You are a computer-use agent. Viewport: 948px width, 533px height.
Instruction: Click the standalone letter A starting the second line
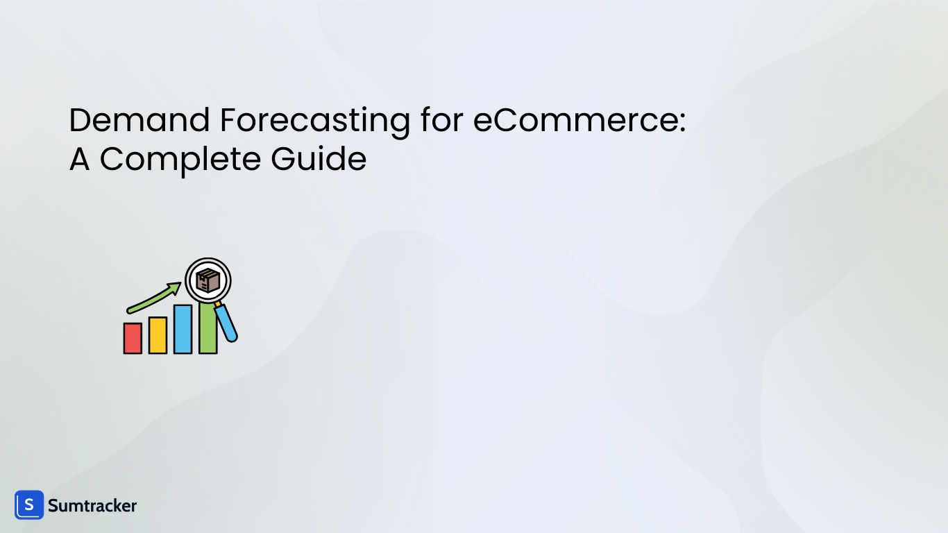tap(79, 160)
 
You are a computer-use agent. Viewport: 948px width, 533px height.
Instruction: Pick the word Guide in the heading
tap(319, 160)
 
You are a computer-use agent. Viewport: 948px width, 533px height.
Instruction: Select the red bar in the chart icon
tap(133, 338)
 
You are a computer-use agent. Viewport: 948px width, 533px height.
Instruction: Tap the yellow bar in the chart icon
tap(158, 335)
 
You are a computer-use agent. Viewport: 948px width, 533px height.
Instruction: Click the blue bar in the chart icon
tap(183, 329)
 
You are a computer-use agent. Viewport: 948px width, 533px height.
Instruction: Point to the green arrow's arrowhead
tap(173, 287)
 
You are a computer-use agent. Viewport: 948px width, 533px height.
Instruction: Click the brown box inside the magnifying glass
tap(208, 281)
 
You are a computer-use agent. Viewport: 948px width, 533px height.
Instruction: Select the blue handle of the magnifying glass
tap(226, 323)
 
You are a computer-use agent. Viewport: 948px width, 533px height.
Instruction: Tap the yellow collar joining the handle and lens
tap(218, 304)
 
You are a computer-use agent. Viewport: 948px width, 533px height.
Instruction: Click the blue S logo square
tap(29, 505)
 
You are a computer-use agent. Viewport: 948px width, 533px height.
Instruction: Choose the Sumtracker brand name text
tap(92, 506)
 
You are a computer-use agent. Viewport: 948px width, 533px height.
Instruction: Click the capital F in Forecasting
tap(228, 121)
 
